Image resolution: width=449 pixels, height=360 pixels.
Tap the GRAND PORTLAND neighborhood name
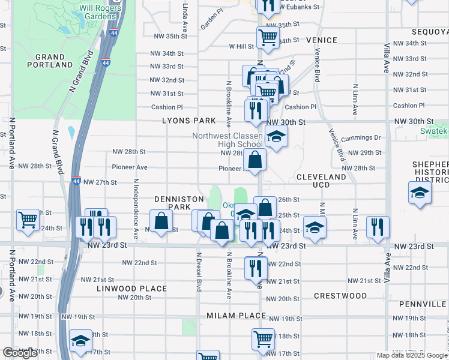click(x=46, y=61)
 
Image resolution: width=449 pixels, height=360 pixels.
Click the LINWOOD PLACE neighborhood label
click(x=131, y=289)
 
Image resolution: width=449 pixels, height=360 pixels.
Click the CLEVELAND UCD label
click(x=321, y=181)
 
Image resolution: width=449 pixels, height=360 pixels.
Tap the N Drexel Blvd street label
click(x=199, y=270)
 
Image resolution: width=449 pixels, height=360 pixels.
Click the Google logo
click(x=20, y=353)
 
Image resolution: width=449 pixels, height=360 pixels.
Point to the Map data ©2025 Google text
click(x=411, y=355)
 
